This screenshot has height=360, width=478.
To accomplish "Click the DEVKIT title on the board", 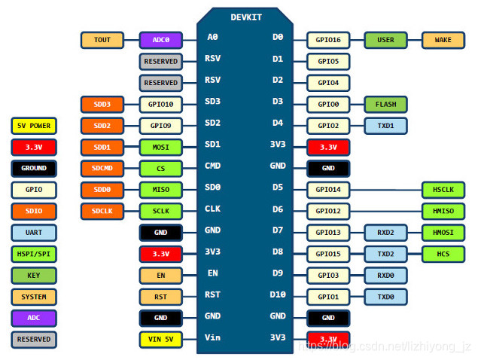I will point(246,17).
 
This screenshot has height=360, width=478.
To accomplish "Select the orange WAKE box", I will point(443,40).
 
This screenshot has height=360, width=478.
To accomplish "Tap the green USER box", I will point(385,40).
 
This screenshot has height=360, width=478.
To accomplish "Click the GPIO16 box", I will point(328,40).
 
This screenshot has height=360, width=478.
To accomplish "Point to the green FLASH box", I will point(385,104).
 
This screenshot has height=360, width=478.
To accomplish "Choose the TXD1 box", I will point(385,126).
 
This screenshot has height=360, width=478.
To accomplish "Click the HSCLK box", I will point(443,190).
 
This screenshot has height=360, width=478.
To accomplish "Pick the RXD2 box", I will point(385,233).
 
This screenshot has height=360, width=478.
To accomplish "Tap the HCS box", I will point(443,254).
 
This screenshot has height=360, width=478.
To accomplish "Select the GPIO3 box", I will point(328,276).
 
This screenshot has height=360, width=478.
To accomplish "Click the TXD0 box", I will point(385,297).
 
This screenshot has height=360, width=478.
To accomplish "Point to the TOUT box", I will point(102,40).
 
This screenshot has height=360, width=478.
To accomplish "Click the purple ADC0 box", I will point(160,40).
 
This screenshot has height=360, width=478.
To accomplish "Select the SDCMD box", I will point(102,169).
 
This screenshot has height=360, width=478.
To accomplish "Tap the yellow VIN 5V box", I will point(160,340).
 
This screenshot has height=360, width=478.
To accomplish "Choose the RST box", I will point(160,297).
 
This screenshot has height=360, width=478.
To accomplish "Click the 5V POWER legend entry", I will point(33,126).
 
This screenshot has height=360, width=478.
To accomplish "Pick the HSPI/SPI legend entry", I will point(33,254).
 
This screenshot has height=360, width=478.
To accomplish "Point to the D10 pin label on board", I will point(278,296).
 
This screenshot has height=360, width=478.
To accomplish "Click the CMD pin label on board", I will point(213,166).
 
